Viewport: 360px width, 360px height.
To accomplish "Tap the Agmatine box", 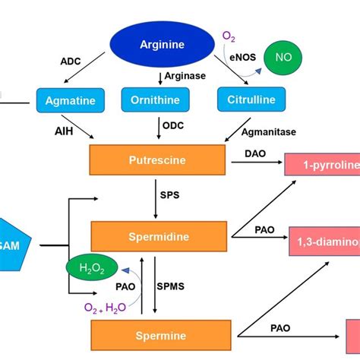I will pos(68,99).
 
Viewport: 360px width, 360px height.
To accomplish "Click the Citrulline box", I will pos(251,99).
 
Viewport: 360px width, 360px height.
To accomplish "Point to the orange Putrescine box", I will pos(158,160).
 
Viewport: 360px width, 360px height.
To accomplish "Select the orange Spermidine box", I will pos(158,236).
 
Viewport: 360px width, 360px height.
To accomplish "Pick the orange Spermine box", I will pos(158,335).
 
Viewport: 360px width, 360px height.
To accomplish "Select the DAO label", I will pos(254,153).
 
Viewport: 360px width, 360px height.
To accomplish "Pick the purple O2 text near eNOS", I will pos(229,36).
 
